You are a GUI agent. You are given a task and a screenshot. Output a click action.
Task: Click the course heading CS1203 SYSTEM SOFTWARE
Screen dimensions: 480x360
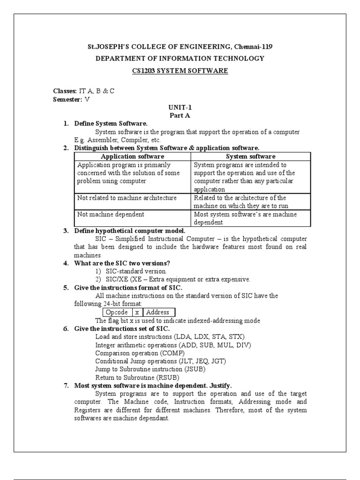click(180, 71)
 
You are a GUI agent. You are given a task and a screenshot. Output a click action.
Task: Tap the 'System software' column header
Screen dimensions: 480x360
click(251, 157)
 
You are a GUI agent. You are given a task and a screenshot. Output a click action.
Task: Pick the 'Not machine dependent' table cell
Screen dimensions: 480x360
click(111, 214)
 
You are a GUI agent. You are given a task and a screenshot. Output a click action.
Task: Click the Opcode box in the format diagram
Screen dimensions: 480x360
click(116, 312)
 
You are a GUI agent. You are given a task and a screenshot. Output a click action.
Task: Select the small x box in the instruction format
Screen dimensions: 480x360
click(136, 312)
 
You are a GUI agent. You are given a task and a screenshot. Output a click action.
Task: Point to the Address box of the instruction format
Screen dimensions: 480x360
click(159, 312)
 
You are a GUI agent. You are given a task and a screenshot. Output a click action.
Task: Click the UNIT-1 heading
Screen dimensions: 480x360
click(180, 107)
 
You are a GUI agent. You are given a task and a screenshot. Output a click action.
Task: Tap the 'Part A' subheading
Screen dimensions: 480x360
click(180, 115)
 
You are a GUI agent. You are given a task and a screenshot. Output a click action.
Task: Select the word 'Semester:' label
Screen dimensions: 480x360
click(67, 99)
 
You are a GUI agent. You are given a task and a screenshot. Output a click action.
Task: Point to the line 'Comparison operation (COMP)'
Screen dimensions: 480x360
click(140, 353)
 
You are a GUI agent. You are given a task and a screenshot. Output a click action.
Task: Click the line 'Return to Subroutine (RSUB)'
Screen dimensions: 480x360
click(137, 377)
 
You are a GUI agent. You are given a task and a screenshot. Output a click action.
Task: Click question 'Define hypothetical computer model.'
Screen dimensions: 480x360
click(130, 231)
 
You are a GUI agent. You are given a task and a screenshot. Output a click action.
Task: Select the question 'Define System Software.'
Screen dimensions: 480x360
click(111, 123)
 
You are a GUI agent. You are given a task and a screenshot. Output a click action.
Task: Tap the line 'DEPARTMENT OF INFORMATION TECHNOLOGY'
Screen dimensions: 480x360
click(180, 59)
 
